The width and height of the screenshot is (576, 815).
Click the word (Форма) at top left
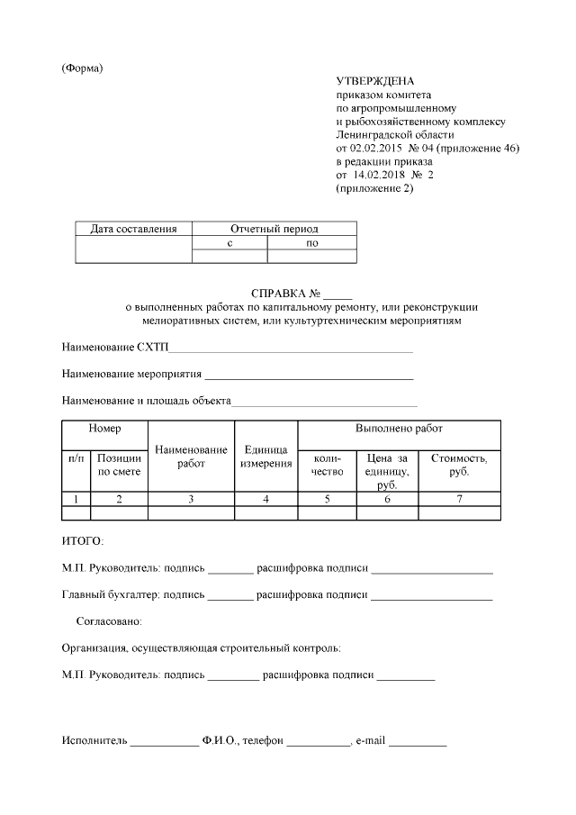coord(82,69)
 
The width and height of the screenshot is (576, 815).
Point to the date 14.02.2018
coord(377,175)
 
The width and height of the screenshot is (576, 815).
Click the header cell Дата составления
coord(134,229)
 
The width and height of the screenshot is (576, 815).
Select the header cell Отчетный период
coord(274,229)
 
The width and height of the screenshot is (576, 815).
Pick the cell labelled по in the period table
coord(312,243)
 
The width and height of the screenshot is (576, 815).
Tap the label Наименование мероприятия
coord(131,374)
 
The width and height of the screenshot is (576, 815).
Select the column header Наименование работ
coord(191,457)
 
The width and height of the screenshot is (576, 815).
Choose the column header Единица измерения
coord(265,457)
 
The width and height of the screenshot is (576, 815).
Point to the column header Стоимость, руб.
coord(459,465)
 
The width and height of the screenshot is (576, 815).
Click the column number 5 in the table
coord(328,499)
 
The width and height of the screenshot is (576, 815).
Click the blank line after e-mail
coord(418,743)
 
